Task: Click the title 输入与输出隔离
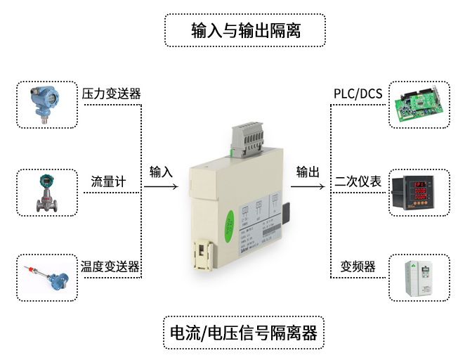tap(245, 31)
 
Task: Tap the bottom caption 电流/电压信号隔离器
tap(245, 331)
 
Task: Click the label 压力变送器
tap(111, 94)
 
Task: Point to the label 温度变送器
tap(110, 266)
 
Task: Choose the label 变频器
tap(358, 266)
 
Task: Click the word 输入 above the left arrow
tap(161, 172)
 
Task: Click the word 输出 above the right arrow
tap(308, 172)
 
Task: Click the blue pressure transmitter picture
tap(46, 103)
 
